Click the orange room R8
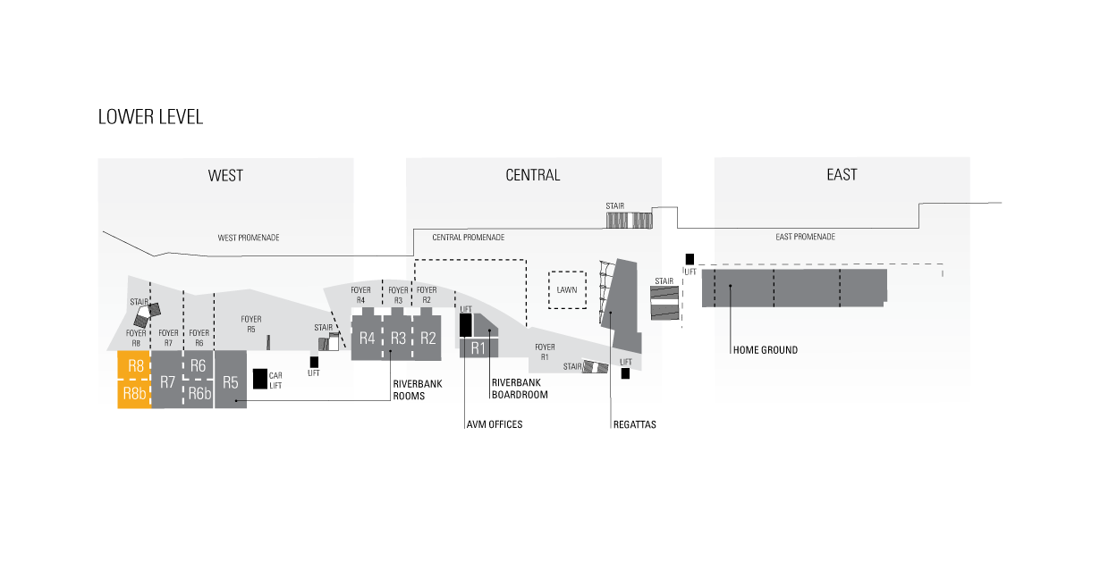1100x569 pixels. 134,365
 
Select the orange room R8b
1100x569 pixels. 134,394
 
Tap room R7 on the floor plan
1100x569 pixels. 167,379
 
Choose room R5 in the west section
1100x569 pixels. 231,379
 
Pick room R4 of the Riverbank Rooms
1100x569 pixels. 367,338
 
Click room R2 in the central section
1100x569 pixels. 427,338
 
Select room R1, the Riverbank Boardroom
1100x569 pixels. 478,347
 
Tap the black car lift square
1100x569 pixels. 259,379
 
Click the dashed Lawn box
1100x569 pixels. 567,290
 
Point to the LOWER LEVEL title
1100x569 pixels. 150,117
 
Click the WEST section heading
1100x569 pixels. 225,176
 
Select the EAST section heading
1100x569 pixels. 842,174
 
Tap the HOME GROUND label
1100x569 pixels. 766,350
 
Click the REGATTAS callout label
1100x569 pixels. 634,425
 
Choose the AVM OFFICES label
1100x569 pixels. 494,425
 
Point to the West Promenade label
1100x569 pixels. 249,238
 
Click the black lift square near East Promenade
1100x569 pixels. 690,259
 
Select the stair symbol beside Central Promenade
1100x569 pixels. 630,221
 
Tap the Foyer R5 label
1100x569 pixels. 251,324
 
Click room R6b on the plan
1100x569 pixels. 199,394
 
